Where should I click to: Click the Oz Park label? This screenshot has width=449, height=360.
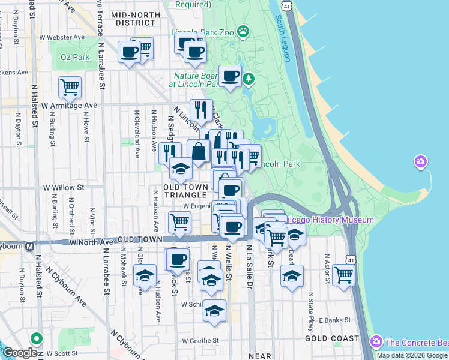coord(75,57)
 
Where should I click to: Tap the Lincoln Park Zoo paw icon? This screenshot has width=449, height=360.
coord(243,31)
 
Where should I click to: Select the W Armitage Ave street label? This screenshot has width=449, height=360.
coord(70,105)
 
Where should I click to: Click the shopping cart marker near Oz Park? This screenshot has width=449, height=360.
coord(70,88)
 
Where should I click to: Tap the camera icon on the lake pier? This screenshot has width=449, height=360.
coord(421,161)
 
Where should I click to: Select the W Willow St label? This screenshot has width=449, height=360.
coord(64,187)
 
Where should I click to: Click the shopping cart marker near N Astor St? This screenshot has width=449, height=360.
coord(343,275)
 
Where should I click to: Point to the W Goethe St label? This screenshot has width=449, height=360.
coord(200,341)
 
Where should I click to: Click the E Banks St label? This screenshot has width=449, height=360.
coord(333,320)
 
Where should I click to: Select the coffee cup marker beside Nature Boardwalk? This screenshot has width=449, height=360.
coord(231,76)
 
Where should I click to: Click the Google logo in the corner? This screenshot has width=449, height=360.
coord(20,353)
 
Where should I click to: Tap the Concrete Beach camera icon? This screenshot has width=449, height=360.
coord(377,343)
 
